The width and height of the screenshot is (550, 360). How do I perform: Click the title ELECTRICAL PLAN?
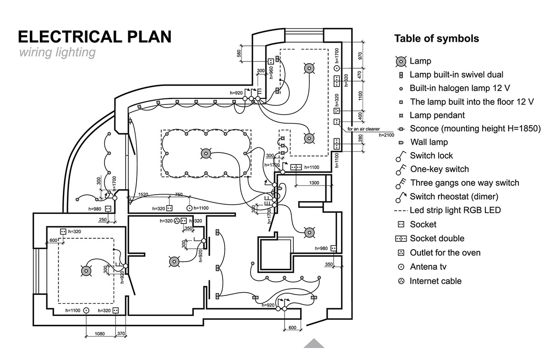[94, 37]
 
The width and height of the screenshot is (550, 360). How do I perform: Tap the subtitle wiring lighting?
[57, 52]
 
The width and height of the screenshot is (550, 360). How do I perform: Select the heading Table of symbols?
[437, 38]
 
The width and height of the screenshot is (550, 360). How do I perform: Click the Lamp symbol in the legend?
[401, 61]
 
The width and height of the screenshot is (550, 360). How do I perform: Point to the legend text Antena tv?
[428, 267]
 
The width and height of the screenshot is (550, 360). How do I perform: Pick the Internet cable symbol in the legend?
[401, 281]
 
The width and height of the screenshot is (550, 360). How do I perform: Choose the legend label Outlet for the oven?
[445, 252]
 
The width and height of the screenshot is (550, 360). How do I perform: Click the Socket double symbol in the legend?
[401, 238]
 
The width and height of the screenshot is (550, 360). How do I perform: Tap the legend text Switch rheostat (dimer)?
[454, 196]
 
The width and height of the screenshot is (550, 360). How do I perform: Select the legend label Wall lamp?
[429, 142]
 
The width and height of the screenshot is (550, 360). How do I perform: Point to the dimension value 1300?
[314, 183]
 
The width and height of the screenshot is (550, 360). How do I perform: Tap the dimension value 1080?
[99, 334]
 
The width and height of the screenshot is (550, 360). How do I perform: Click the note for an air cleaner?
[363, 129]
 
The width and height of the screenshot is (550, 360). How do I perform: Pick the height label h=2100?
[386, 135]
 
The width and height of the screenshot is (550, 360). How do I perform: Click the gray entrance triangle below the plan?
[314, 343]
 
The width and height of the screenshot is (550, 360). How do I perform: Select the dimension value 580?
[239, 54]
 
